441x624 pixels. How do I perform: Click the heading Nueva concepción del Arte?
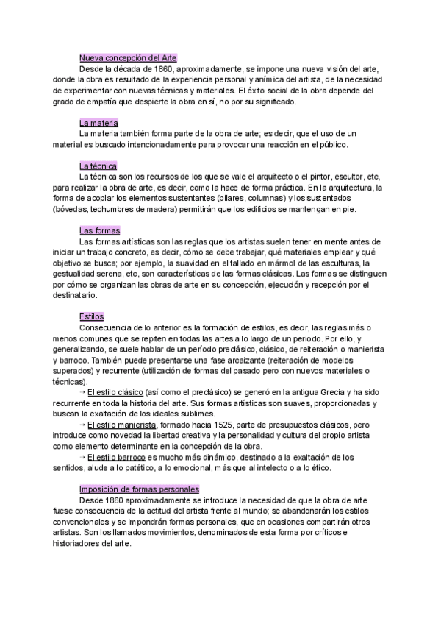point(127,57)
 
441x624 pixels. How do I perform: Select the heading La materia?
point(98,123)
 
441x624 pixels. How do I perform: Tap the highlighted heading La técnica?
point(98,166)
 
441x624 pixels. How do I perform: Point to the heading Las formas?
point(100,230)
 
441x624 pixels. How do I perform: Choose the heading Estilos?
point(91,316)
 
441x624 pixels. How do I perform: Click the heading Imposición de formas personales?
point(139,489)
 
